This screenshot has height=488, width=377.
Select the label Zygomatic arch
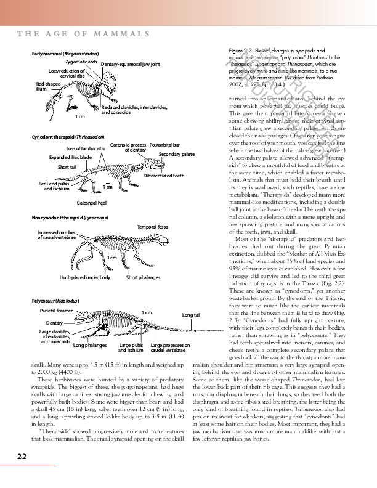(81, 62)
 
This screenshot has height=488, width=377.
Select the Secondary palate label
(176, 154)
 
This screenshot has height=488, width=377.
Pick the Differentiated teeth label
(163, 176)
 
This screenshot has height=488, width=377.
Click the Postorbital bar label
(164, 145)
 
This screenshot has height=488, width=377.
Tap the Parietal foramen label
(57, 310)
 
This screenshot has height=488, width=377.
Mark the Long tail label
(191, 315)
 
